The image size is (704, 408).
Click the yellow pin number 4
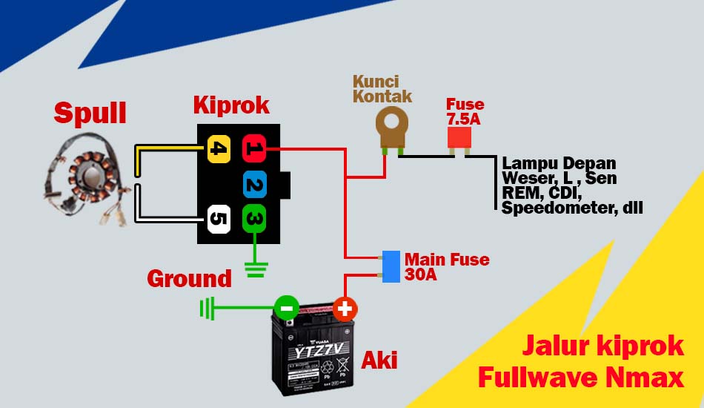point(218,149)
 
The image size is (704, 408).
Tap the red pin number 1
point(253,149)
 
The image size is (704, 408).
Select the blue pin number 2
point(254,184)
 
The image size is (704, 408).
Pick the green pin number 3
point(253,219)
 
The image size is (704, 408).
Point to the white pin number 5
point(218,219)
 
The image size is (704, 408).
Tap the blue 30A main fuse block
point(391,266)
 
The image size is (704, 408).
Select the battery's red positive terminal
point(345,308)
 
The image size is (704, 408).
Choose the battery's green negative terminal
point(286,307)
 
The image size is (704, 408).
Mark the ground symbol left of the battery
point(207,308)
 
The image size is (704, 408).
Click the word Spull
point(90,113)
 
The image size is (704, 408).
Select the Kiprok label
point(231,105)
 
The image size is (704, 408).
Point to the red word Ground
point(189,279)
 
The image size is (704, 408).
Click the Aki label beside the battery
point(379,361)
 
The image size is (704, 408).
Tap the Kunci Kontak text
point(382,89)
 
